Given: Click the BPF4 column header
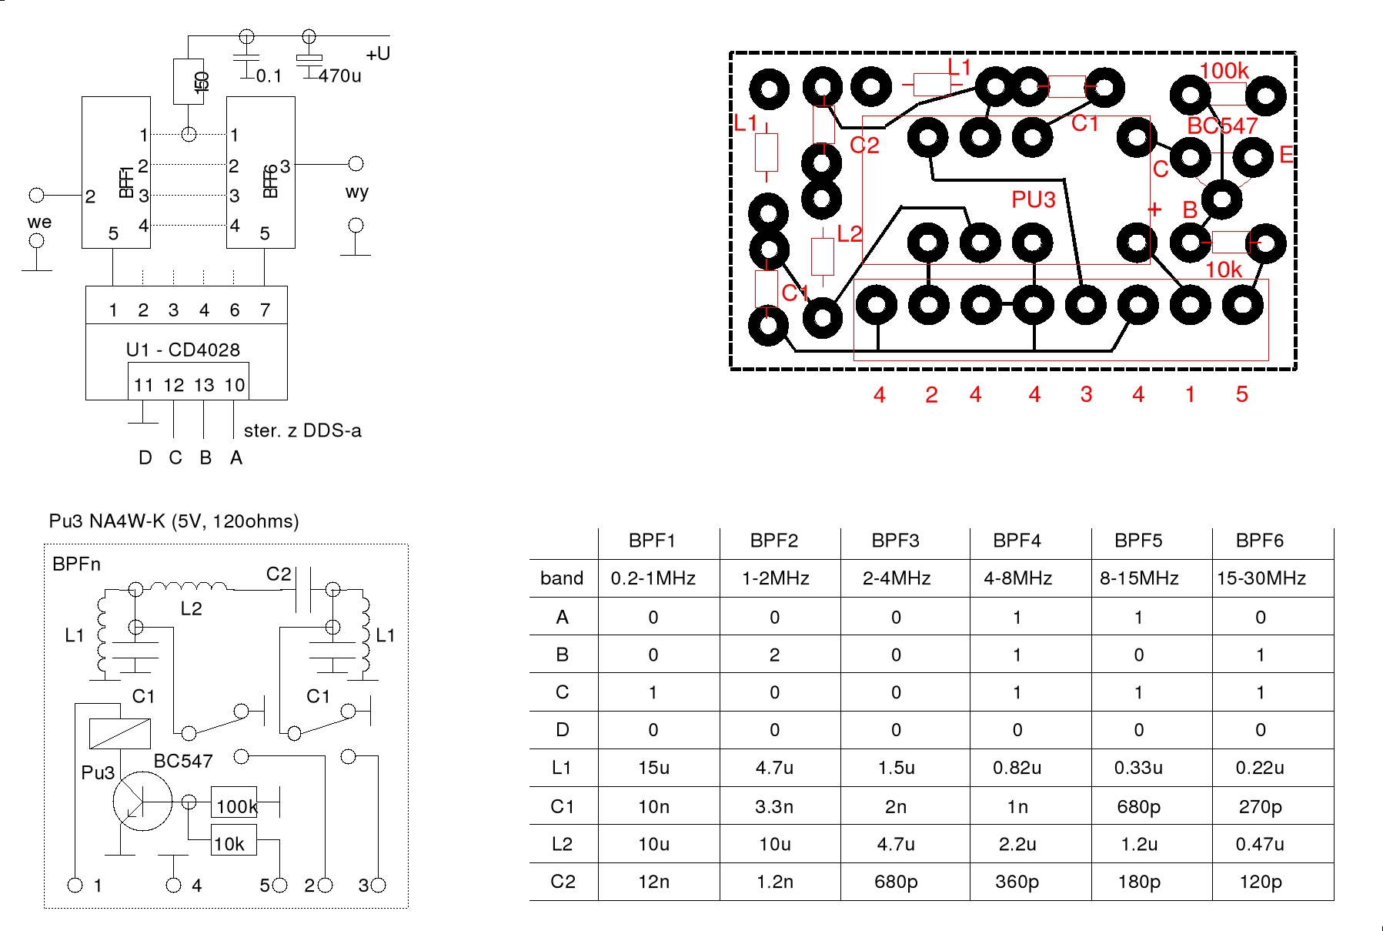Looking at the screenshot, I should pyautogui.click(x=1017, y=541).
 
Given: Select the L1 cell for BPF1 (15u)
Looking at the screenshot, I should pyautogui.click(x=653, y=768).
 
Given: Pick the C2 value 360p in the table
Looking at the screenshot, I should pyautogui.click(x=1017, y=882).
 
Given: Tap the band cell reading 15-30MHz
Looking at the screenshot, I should pyautogui.click(x=1261, y=578).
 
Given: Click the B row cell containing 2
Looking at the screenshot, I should pyautogui.click(x=774, y=655).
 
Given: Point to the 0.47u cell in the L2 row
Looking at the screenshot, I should pyautogui.click(x=1260, y=844).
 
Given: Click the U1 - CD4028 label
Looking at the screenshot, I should pyautogui.click(x=183, y=350).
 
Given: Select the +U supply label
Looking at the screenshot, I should pyautogui.click(x=378, y=54).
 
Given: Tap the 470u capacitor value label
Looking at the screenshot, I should pyautogui.click(x=339, y=75).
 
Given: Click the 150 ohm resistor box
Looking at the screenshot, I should pyautogui.click(x=189, y=81).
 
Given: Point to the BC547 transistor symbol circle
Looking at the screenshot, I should pyautogui.click(x=142, y=802).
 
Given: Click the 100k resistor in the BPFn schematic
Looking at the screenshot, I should pyautogui.click(x=234, y=805).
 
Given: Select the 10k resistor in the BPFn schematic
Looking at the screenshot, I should pyautogui.click(x=233, y=842).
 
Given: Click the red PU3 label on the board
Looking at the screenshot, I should pyautogui.click(x=1033, y=200).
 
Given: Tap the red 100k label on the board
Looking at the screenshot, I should pyautogui.click(x=1224, y=71).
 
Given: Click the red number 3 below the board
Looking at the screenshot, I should pyautogui.click(x=1086, y=395).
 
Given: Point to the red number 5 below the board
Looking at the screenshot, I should pyautogui.click(x=1241, y=395).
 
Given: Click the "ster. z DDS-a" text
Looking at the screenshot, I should pyautogui.click(x=302, y=430).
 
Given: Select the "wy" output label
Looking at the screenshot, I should pyautogui.click(x=356, y=192).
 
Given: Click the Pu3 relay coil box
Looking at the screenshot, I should pyautogui.click(x=119, y=733).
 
